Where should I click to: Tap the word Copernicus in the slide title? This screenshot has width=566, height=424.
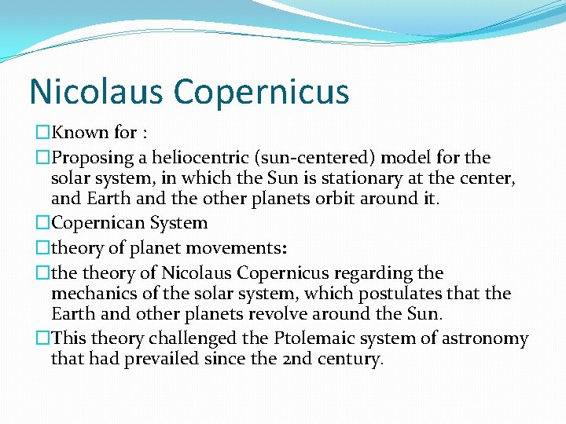click(261, 92)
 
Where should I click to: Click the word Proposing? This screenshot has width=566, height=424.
click(86, 158)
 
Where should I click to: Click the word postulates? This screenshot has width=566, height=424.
click(402, 294)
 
